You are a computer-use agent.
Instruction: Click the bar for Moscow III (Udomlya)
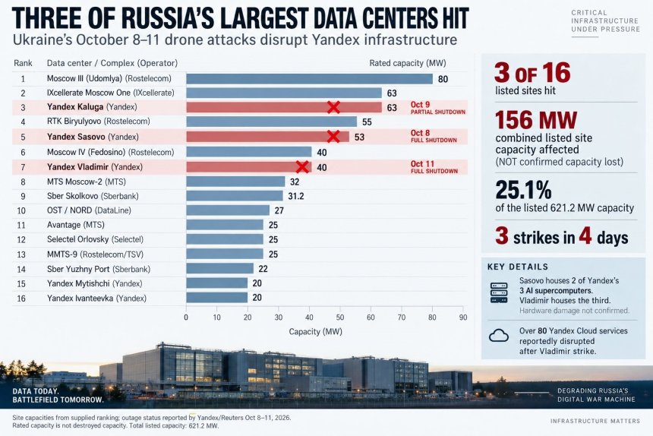pos(310,79)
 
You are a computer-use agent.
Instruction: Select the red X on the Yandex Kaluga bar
pos(333,107)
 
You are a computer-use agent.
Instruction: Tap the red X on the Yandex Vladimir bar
pos(302,167)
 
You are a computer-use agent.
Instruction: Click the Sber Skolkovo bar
pos(235,196)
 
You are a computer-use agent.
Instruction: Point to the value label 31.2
pos(296,196)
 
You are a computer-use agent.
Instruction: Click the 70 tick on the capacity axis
pos(402,318)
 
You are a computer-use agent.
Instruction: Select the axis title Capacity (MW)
pos(316,331)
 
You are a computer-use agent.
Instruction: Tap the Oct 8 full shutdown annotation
pos(434,136)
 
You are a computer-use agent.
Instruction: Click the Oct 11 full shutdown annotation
pos(434,167)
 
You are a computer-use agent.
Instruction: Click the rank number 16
pos(21,299)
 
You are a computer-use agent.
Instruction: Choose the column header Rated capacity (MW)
pos(407,63)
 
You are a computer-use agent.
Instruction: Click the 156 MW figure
pos(536,120)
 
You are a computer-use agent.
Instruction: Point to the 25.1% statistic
pos(523,191)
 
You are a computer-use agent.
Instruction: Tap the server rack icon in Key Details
pos(499,292)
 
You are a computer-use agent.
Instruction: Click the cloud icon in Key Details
pos(499,336)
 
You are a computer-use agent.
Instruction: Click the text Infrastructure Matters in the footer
pos(595,421)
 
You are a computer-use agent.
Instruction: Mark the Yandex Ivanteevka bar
pos(216,298)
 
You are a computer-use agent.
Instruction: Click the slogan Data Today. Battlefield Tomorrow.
pos(58,396)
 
